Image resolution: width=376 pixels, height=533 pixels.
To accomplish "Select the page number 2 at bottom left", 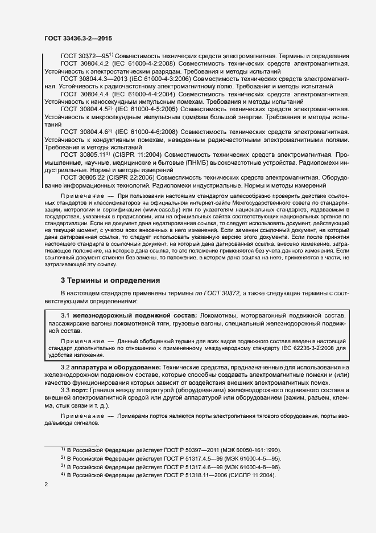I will click(x=46, y=485).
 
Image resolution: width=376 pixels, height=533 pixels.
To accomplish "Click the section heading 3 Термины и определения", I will click(x=110, y=280).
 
